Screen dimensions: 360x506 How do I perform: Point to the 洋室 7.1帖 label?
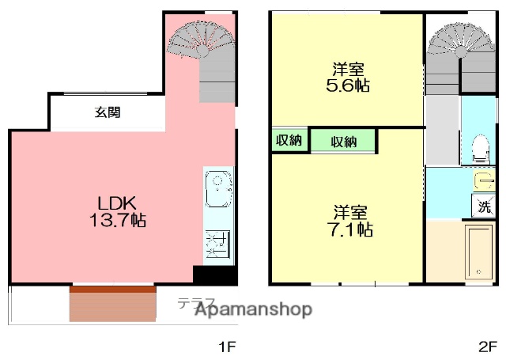tap(351, 221)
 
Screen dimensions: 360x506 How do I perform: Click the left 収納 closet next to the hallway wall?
tap(289, 141)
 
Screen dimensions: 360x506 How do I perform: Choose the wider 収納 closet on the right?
tap(343, 142)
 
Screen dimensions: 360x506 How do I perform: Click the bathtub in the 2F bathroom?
tap(479, 252)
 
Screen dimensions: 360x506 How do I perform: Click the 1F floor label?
tap(227, 346)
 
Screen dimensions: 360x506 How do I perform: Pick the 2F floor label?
tap(486, 346)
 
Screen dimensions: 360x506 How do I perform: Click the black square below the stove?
tap(213, 275)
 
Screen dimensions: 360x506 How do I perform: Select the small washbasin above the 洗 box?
tap(483, 181)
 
